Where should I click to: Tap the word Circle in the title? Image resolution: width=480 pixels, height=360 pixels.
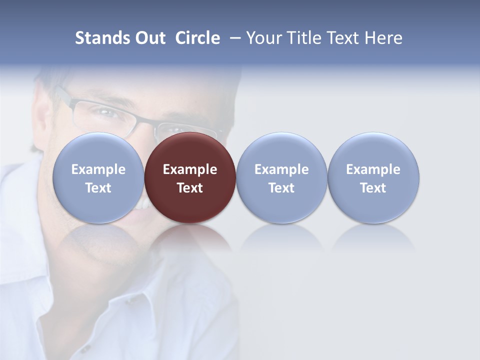[197, 38]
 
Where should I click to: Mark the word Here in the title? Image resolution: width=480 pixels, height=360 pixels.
[383, 38]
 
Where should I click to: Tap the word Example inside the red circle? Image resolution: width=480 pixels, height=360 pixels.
[190, 169]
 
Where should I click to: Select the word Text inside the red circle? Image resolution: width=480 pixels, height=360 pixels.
[190, 188]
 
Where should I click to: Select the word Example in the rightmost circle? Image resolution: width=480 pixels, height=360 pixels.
[373, 169]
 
